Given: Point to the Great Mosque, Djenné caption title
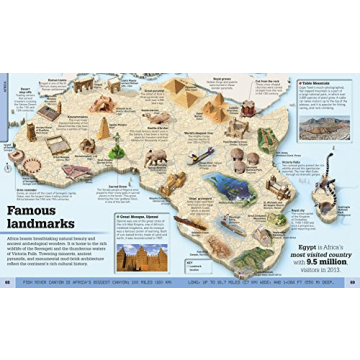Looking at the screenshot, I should pos(139,215).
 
